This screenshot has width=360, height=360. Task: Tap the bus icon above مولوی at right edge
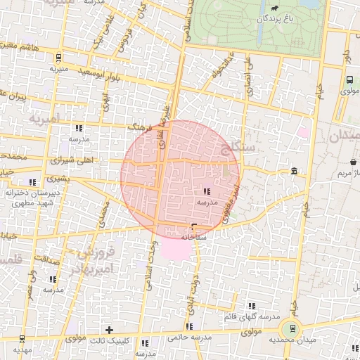click(349, 79)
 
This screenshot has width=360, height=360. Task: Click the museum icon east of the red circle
click(294, 172)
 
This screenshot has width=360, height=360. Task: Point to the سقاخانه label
click(193, 238)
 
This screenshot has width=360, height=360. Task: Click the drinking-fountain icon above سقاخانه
click(194, 227)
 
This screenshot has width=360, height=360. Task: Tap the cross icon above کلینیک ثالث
click(109, 329)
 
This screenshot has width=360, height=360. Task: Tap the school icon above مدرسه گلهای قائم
click(251, 307)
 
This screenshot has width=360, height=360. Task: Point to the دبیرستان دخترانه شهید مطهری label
click(25, 197)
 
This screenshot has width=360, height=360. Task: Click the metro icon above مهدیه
click(22, 339)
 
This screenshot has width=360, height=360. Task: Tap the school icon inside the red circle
click(207, 191)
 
